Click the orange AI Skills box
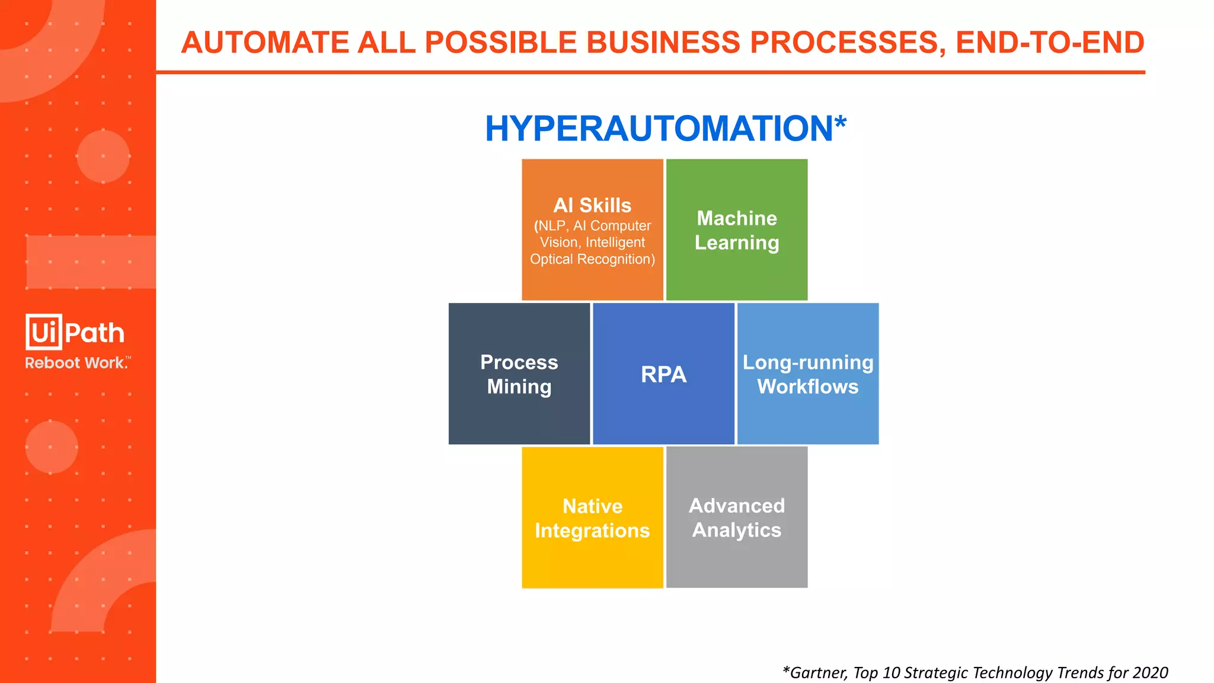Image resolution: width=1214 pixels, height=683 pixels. [592, 230]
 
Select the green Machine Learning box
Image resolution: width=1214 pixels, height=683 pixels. [737, 230]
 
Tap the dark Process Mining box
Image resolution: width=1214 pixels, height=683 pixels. [519, 374]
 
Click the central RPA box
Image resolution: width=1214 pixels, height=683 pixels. [663, 374]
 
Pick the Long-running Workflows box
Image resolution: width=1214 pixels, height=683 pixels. [808, 374]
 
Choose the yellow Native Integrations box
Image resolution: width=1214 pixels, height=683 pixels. [592, 518]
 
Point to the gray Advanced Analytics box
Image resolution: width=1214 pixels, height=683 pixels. [737, 518]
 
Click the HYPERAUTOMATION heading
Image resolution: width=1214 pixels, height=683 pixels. [658, 129]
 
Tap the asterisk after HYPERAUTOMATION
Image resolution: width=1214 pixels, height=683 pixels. [841, 123]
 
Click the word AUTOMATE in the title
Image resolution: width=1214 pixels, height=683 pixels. [265, 43]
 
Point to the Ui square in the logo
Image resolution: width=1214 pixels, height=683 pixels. [44, 332]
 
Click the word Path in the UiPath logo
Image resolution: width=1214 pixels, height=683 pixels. [95, 333]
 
